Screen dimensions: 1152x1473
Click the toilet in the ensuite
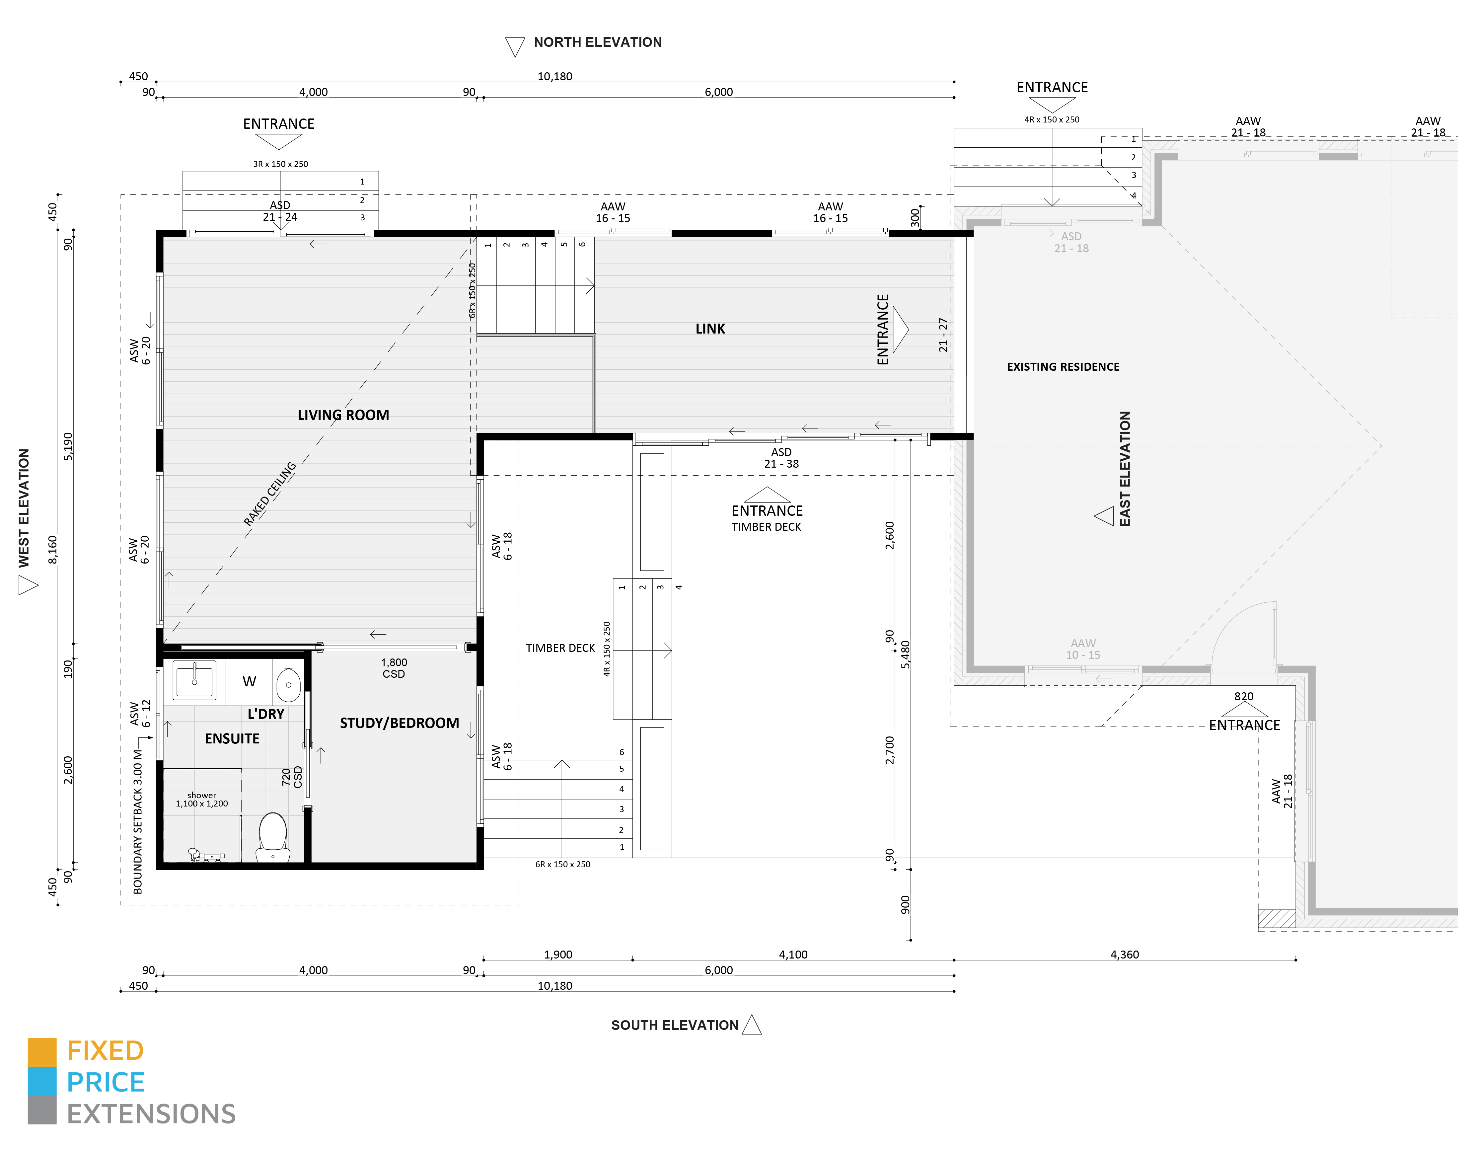click(x=273, y=836)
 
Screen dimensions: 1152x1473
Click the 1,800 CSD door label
click(x=394, y=668)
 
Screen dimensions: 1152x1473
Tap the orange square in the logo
click(x=42, y=1052)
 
